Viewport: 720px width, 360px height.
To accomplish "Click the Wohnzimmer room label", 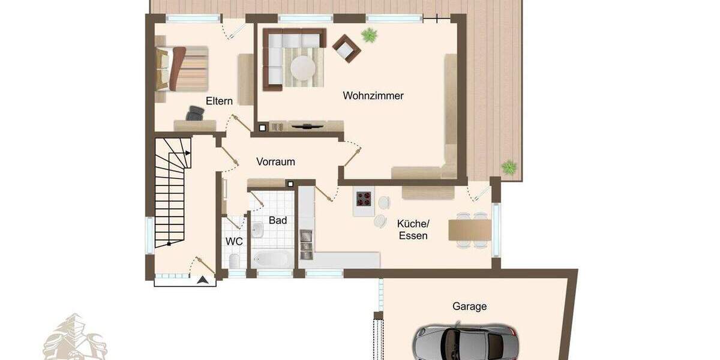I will pos(373,95).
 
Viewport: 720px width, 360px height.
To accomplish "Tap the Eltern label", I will pos(219,101).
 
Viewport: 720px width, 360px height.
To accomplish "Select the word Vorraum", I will pos(275,161).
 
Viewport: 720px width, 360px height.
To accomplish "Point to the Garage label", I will pos(469,306).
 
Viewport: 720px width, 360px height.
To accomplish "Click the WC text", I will pos(234,241).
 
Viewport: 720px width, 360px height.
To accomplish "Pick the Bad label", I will pos(278,220).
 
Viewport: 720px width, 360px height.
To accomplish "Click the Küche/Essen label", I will pos(413,230).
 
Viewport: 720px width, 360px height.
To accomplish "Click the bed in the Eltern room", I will pos(181,68).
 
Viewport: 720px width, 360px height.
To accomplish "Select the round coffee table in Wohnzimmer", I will pos(303,68).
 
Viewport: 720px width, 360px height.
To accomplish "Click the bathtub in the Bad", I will pos(271,259).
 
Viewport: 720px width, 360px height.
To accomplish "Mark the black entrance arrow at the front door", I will pos(205,280).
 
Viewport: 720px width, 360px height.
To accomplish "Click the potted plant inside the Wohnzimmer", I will pos(369,35).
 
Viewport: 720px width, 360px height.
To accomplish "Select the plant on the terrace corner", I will pos(509,167).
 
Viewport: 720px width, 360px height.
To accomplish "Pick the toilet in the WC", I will pos(233,260).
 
